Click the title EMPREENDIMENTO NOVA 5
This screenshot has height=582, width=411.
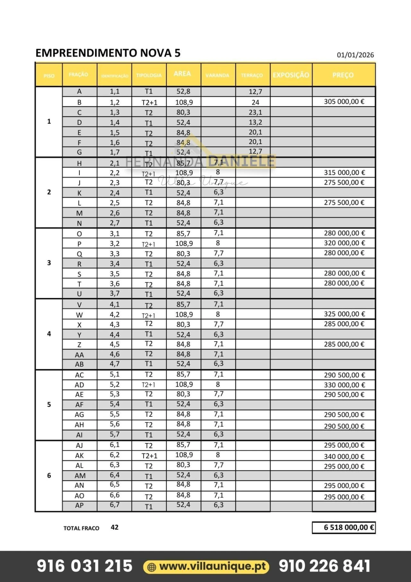(x=108, y=53)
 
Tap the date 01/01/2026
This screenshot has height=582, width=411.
(x=355, y=55)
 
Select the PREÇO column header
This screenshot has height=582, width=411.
(x=343, y=75)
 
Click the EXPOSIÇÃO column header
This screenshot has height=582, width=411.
(x=291, y=75)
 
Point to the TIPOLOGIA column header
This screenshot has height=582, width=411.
(x=149, y=76)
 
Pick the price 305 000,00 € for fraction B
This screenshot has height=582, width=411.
(x=344, y=102)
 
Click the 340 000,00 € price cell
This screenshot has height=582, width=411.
(x=344, y=456)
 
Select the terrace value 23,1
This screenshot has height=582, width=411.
(x=255, y=112)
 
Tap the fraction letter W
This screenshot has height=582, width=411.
(x=79, y=315)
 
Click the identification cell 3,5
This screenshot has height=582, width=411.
(x=115, y=274)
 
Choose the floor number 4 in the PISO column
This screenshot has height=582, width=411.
(x=49, y=334)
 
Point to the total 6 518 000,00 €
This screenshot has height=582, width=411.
(x=349, y=527)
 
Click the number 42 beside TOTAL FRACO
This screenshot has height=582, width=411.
(x=115, y=527)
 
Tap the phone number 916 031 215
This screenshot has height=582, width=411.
(x=84, y=566)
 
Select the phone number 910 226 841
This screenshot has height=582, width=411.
(x=324, y=566)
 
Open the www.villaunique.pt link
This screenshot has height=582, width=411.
(x=213, y=566)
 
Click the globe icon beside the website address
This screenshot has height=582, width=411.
(x=152, y=567)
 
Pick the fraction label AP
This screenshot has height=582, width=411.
(x=79, y=506)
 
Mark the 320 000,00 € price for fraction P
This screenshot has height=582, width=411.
(x=344, y=243)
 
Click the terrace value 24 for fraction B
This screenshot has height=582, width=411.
(x=255, y=103)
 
